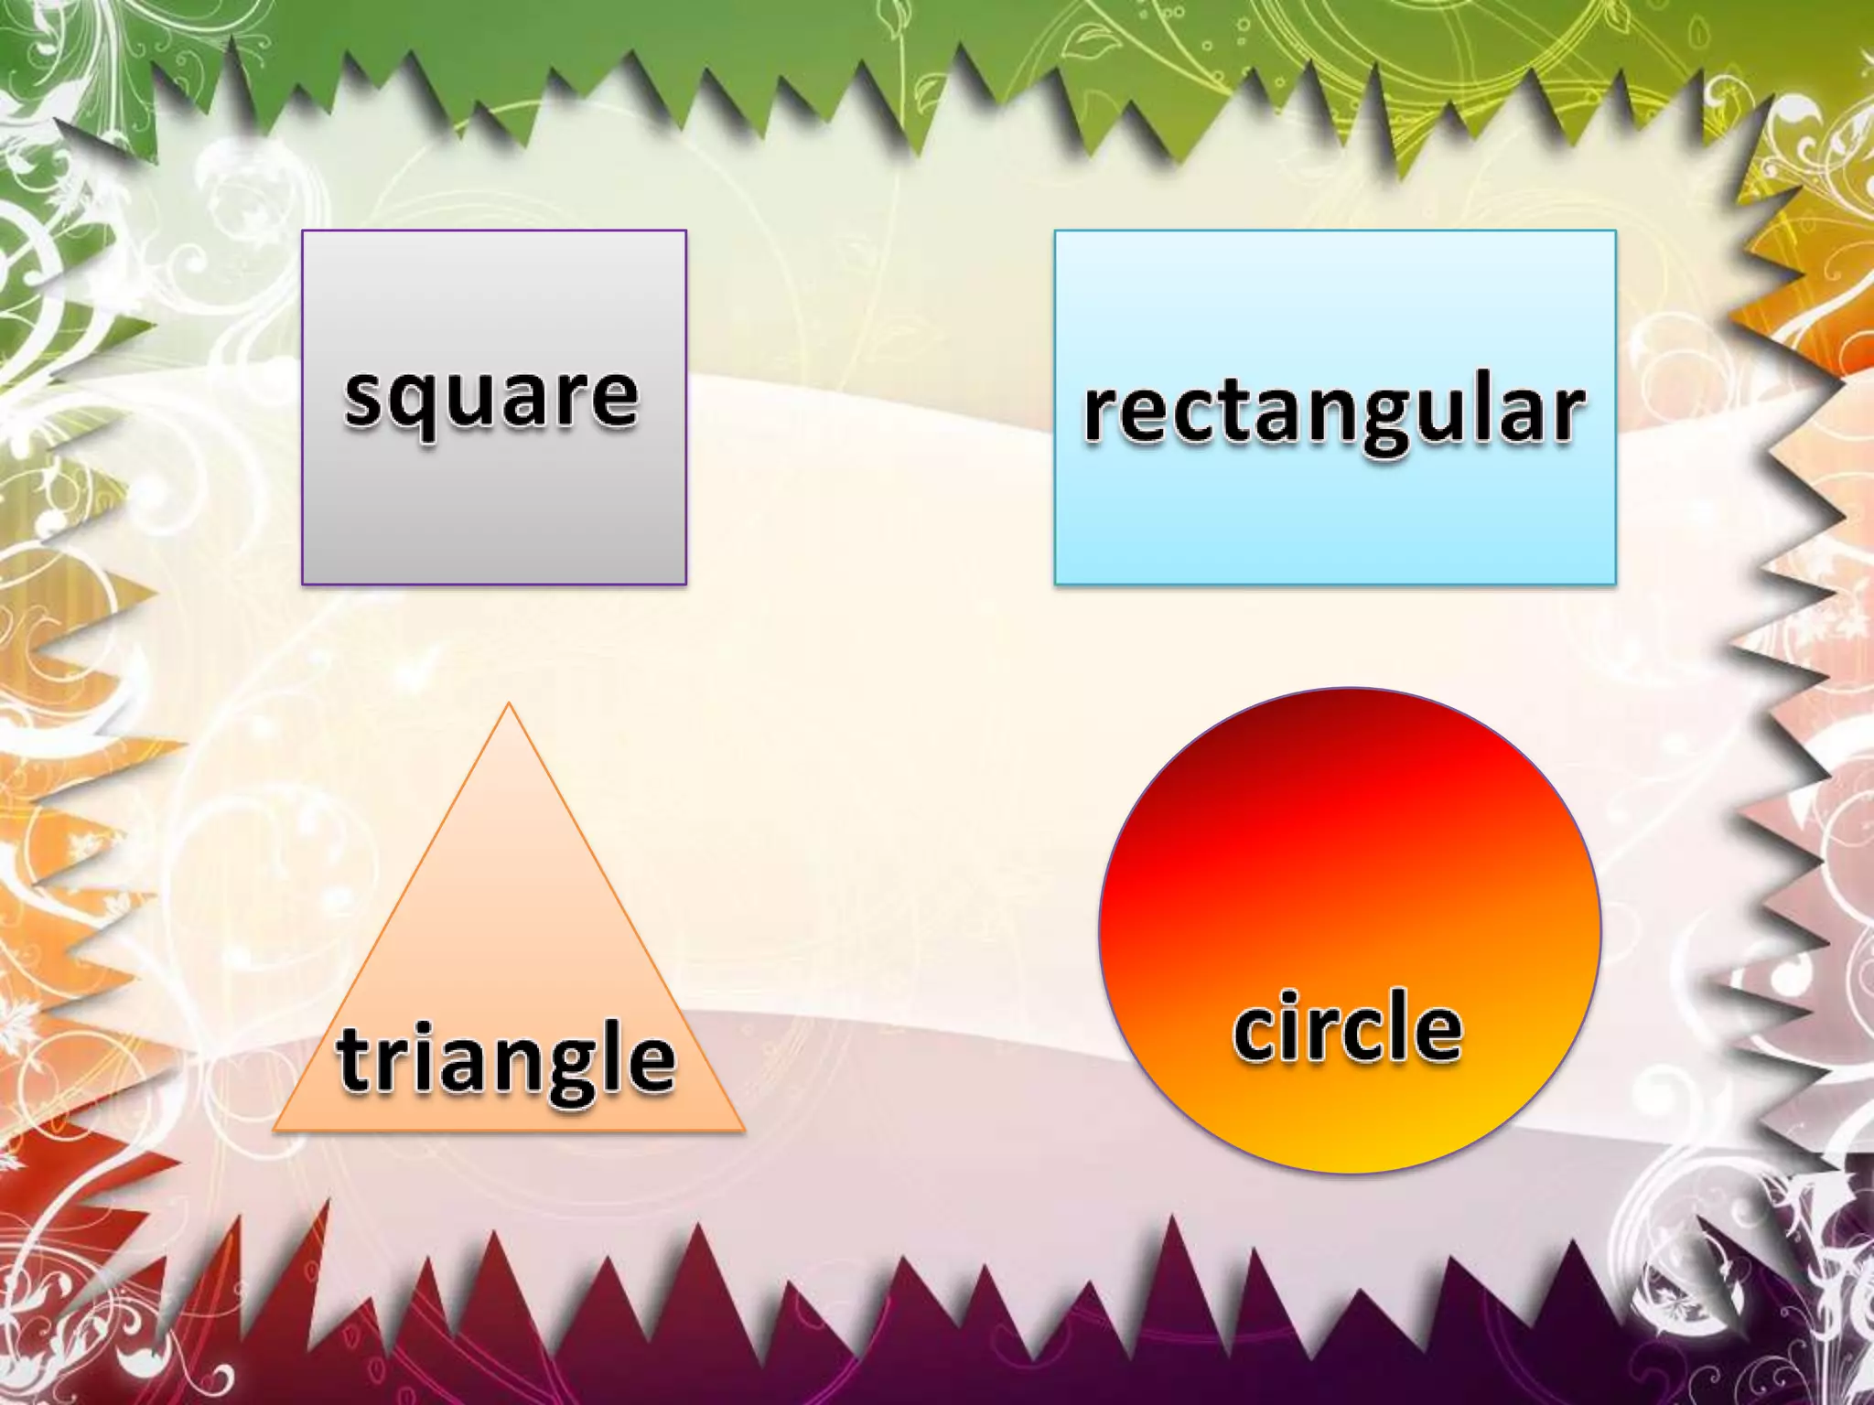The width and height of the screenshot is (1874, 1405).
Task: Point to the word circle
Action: tap(1347, 1029)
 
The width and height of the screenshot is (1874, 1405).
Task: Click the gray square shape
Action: tap(494, 512)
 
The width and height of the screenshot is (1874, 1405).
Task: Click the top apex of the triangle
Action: tap(509, 703)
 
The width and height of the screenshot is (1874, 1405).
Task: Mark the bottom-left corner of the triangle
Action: tap(275, 1131)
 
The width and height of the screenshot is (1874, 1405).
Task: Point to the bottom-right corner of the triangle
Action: tap(743, 1131)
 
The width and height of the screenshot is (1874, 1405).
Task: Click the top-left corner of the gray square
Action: tap(303, 231)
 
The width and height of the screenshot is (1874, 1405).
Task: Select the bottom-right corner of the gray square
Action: tap(685, 584)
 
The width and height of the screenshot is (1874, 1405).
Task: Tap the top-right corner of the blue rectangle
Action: tap(1615, 231)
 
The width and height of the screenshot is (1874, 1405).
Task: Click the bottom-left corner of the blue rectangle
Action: tap(1056, 584)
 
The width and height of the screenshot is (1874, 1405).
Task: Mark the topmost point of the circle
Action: tap(1350, 688)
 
